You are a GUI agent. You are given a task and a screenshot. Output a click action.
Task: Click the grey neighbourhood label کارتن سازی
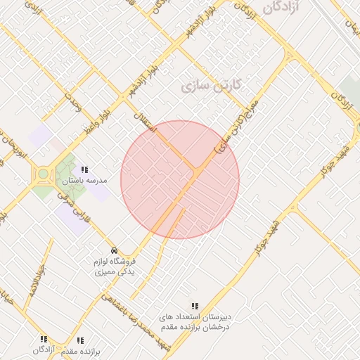pos(211,85)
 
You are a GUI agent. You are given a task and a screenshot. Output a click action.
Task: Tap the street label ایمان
pos(350,28)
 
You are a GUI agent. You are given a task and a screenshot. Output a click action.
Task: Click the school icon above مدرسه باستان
pos(85,169)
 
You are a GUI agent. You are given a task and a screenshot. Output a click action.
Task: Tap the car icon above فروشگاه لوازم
pos(114,251)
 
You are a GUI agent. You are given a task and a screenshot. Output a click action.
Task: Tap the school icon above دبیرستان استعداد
pos(195,306)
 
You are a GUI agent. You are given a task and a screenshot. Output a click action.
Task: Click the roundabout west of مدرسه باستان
pos(43,174)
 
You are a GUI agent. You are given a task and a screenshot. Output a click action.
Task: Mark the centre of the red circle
pos(180,179)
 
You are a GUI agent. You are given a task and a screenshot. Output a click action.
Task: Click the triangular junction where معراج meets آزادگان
pos(288,57)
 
